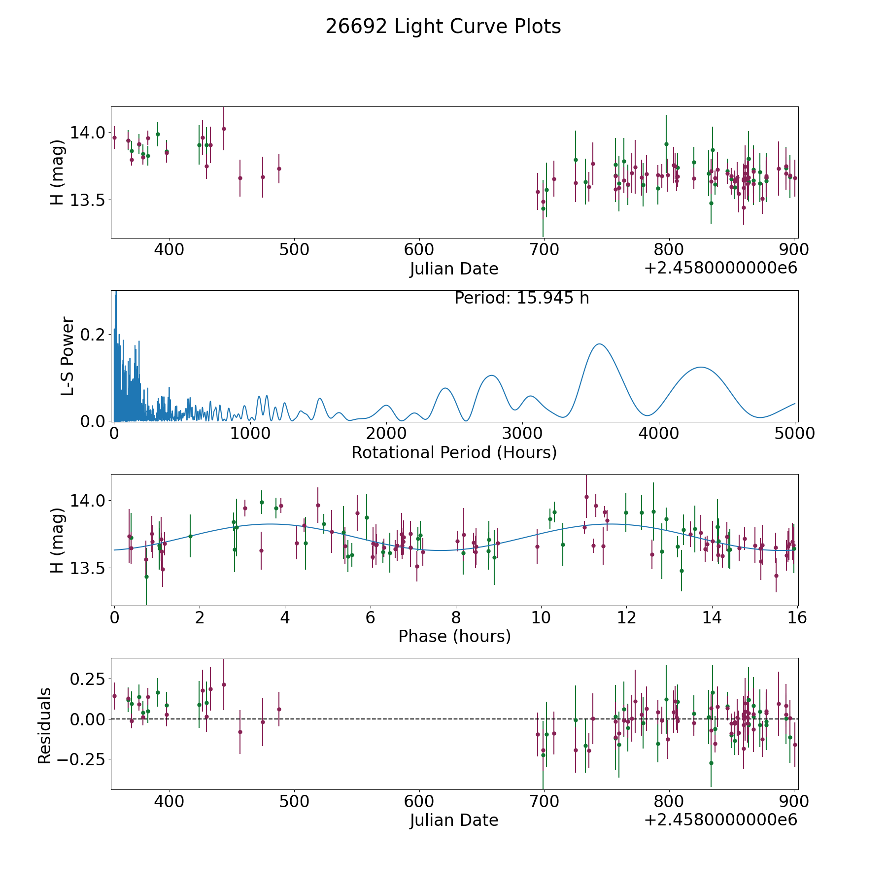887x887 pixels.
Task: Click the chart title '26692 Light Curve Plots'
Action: pyautogui.click(x=443, y=27)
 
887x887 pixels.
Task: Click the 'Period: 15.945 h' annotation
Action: pyautogui.click(x=522, y=298)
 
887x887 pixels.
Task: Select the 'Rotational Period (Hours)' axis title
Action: pyautogui.click(x=454, y=452)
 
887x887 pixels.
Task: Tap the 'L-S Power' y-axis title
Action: pyautogui.click(x=68, y=356)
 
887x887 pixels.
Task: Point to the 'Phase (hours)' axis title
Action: pyautogui.click(x=454, y=636)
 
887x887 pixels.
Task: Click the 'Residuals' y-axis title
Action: pyautogui.click(x=44, y=725)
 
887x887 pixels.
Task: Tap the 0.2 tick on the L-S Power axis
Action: pyautogui.click(x=93, y=335)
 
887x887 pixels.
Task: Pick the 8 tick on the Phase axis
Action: pyautogui.click(x=456, y=617)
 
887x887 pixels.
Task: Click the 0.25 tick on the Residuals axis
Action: pyautogui.click(x=88, y=679)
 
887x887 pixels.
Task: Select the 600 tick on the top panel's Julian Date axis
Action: pyautogui.click(x=419, y=249)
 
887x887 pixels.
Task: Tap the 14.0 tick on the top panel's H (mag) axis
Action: pyautogui.click(x=88, y=133)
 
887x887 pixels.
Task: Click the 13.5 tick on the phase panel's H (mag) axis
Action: pyautogui.click(x=88, y=568)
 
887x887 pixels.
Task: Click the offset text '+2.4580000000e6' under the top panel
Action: pyautogui.click(x=720, y=268)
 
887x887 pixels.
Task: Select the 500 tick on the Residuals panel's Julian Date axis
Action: pyautogui.click(x=294, y=801)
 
